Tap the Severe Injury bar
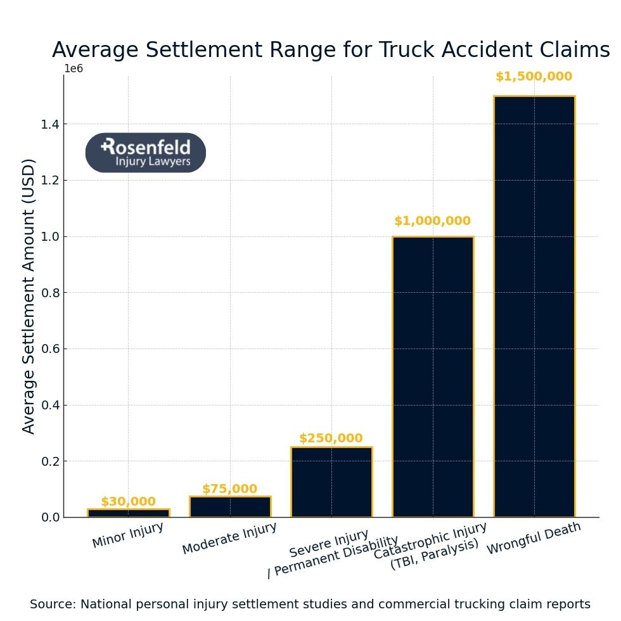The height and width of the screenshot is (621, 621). point(331,482)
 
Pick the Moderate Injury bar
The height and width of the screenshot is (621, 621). point(230,506)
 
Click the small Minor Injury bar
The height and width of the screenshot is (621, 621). point(129,513)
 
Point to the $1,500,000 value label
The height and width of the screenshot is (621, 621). point(534,77)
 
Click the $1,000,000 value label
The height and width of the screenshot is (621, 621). point(432,221)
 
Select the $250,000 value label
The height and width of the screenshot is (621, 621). point(331,439)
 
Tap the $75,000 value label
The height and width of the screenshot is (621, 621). point(229,489)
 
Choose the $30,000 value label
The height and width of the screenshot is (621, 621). point(128,502)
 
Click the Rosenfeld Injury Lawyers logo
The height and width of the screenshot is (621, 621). point(146,153)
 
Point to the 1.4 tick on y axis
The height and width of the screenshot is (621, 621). point(50,124)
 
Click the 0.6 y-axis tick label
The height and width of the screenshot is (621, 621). point(50,349)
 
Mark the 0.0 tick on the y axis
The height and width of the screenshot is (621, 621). point(50,518)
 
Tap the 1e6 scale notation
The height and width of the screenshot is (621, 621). point(74,69)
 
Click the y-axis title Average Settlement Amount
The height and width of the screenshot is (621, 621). point(29,296)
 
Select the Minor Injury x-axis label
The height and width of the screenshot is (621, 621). point(128,535)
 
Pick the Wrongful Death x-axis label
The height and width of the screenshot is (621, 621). point(534,539)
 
